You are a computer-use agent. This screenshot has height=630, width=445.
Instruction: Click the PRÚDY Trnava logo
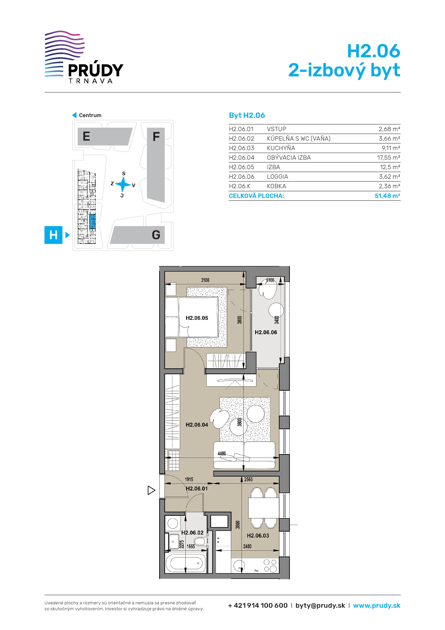tap(84, 57)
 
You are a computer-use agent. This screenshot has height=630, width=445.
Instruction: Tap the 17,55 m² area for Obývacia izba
tap(388, 157)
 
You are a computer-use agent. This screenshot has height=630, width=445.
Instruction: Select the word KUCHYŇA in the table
tap(281, 148)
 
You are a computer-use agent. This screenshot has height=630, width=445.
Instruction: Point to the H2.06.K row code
tap(240, 186)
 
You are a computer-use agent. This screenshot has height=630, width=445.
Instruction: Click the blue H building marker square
tap(53, 235)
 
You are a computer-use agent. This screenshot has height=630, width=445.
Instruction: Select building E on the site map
tap(105, 136)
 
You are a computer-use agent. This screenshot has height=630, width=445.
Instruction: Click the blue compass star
tap(123, 184)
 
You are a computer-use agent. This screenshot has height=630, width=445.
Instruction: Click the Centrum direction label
tap(90, 115)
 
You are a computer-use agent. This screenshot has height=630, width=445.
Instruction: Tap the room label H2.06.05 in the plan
tap(197, 318)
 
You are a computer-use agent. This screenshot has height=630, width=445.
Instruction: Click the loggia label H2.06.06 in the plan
tap(266, 332)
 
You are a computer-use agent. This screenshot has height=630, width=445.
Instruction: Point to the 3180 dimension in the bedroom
tap(205, 280)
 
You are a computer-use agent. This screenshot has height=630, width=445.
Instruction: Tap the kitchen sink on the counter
tap(239, 565)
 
